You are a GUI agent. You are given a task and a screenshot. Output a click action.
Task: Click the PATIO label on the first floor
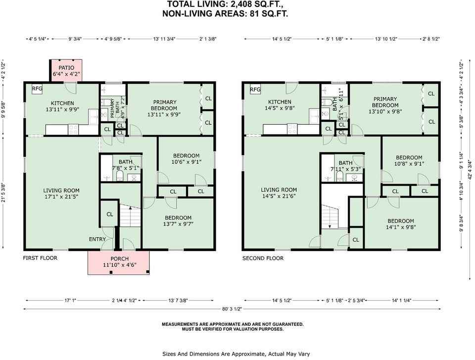click(66, 71)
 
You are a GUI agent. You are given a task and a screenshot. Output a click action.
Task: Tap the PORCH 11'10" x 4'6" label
click(119, 262)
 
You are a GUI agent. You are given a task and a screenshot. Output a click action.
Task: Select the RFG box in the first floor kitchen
click(37, 89)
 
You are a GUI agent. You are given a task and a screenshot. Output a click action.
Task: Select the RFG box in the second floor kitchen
click(255, 90)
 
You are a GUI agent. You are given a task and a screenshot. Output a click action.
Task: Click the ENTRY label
click(97, 239)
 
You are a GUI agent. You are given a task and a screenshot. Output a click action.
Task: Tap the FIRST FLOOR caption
click(40, 258)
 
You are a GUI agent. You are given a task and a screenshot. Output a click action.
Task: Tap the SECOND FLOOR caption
click(263, 258)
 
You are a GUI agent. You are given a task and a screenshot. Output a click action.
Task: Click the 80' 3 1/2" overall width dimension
click(232, 309)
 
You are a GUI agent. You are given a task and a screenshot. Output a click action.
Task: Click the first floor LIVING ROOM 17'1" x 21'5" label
click(61, 193)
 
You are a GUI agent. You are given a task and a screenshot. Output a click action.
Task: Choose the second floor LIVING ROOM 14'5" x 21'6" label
click(279, 193)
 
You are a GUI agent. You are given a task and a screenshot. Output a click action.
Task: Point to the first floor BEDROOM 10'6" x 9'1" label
click(186, 158)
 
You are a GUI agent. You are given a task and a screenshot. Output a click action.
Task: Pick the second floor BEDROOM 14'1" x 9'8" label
click(401, 224)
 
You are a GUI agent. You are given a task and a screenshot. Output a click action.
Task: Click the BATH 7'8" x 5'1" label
click(126, 165)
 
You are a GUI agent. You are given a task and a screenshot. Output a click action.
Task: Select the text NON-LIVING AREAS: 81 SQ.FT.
click(225, 14)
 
